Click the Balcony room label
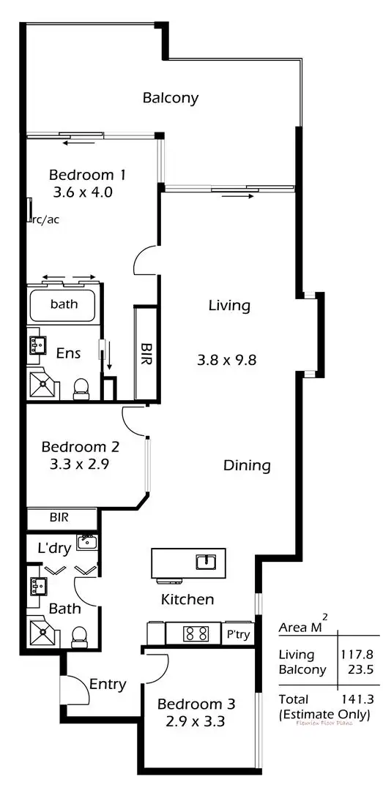coord(171,98)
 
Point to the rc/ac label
coord(45,219)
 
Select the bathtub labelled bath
coord(63,304)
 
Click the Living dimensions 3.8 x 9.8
coord(229,360)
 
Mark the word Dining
coord(247,465)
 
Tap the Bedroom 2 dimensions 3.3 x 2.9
coord(80,464)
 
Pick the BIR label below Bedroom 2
coord(59,517)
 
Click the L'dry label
coord(53,547)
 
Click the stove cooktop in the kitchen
coord(196,633)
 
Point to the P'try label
coord(237,634)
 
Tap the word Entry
coord(108,685)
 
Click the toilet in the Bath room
coord(79,638)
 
